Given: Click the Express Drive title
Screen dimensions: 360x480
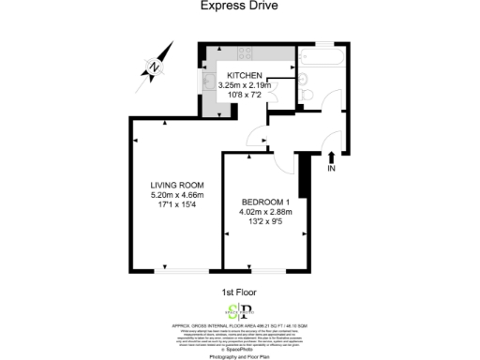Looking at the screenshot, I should tap(240, 6).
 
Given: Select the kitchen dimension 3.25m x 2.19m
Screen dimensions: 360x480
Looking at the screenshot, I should tap(244, 85).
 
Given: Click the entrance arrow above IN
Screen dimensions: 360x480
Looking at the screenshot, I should tap(331, 157).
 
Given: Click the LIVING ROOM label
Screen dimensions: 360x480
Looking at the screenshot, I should tap(177, 186).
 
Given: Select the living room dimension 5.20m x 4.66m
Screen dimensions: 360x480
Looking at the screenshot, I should tap(177, 195).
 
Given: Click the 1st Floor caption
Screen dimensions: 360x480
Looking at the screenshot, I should tap(240, 292).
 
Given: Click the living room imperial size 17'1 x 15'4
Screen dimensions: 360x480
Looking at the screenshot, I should tap(177, 205).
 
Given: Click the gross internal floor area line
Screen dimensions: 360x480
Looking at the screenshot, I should tap(240, 323).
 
